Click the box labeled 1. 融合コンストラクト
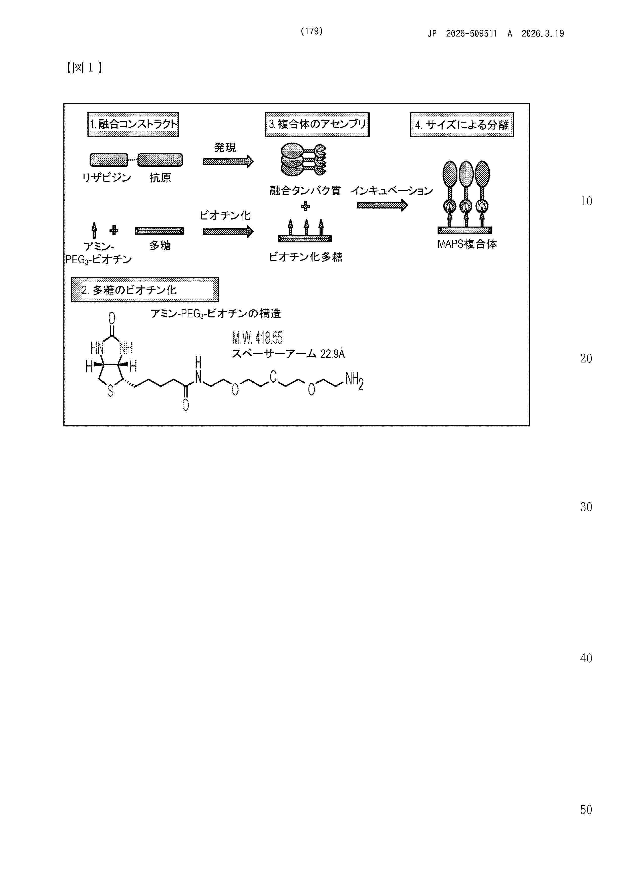[x=133, y=125]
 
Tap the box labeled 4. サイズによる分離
[x=462, y=125]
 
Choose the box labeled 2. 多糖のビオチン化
[x=145, y=289]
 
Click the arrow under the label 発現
[x=228, y=162]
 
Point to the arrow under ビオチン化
[x=228, y=232]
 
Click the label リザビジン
[x=106, y=178]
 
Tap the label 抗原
[x=160, y=178]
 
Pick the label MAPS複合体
[x=467, y=244]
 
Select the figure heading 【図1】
[x=84, y=68]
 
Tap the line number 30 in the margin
[x=586, y=507]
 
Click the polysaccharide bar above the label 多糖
[x=159, y=231]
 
